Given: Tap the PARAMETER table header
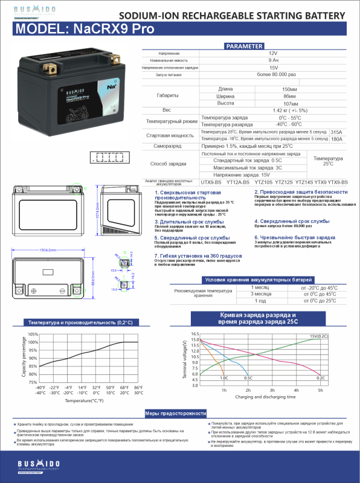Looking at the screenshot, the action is [243, 46].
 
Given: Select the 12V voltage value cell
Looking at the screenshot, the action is [273, 54].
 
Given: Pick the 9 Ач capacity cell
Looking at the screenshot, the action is [273, 61].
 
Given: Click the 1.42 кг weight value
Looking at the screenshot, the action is [273, 110].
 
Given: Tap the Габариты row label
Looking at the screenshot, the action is [167, 96].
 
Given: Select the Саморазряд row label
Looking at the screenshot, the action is [167, 146].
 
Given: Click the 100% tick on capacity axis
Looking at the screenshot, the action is [33, 342].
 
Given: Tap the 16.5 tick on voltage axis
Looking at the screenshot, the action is [195, 334].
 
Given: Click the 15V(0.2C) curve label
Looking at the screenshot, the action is [319, 336].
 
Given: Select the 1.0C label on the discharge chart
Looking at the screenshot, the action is [223, 377].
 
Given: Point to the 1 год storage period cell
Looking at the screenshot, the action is [260, 300].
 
